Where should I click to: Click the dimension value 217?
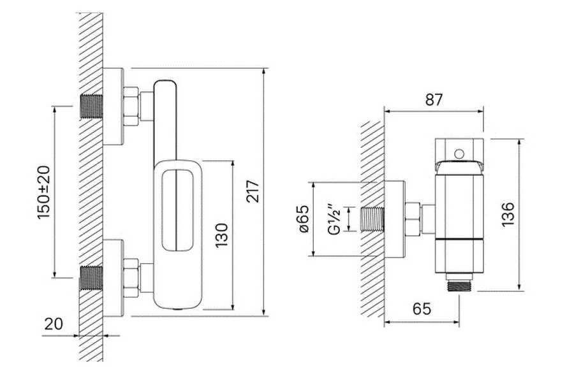coord(254,192)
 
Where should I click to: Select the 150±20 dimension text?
coord(43,192)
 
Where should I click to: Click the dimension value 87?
coord(433,99)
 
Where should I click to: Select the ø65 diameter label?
coord(302,219)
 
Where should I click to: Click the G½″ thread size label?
coord(333,219)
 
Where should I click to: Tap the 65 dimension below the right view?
coord(421,309)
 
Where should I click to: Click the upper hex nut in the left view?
coord(131,105)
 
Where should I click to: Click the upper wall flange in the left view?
coord(113,106)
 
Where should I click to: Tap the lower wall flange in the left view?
coord(113,278)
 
